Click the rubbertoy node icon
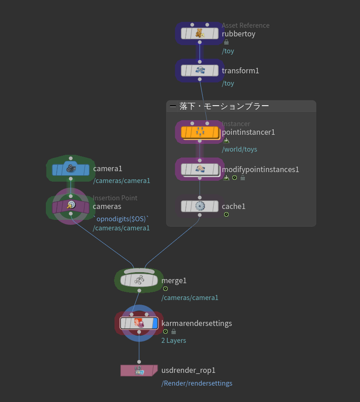click(x=199, y=34)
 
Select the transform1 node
click(x=199, y=71)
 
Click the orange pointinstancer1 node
click(x=199, y=132)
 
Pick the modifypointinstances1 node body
click(x=199, y=169)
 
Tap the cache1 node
click(x=199, y=206)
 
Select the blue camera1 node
click(x=70, y=169)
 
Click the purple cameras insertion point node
click(x=70, y=206)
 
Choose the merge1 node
click(x=139, y=280)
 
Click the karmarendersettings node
click(x=139, y=323)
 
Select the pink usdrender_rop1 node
click(x=139, y=370)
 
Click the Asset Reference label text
click(x=245, y=26)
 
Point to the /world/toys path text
click(x=239, y=149)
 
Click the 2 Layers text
click(x=173, y=340)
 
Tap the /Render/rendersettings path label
click(x=196, y=383)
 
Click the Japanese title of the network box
click(x=224, y=106)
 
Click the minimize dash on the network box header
click(x=173, y=106)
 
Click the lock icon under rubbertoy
click(x=226, y=43)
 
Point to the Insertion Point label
click(x=115, y=198)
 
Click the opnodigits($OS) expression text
click(x=121, y=219)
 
